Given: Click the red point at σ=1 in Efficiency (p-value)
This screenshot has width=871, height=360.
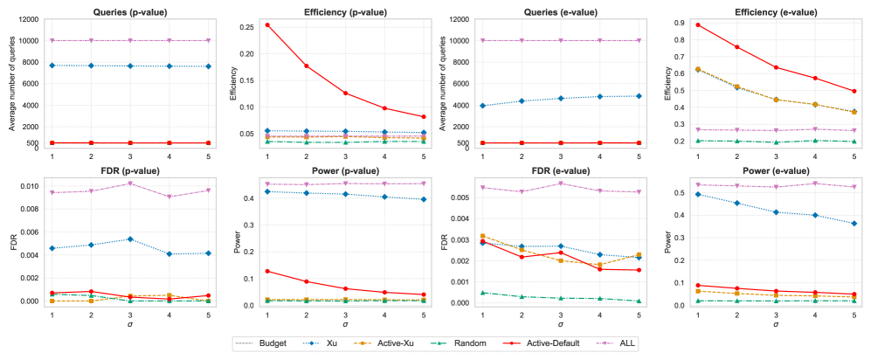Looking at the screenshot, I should click(268, 24).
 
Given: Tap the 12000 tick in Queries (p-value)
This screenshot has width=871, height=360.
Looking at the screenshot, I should click(27, 19).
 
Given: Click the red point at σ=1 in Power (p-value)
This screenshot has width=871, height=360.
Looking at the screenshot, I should click(268, 271).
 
